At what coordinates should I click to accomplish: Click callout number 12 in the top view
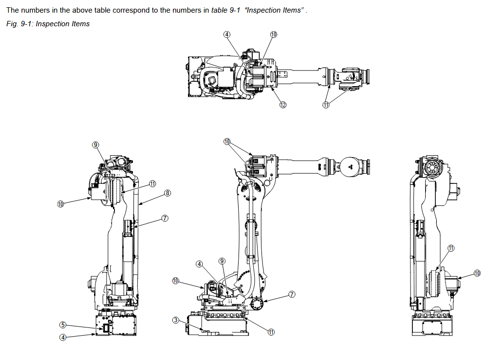(x=282, y=105)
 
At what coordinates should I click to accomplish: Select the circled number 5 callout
(x=63, y=325)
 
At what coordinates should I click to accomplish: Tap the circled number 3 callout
(x=176, y=320)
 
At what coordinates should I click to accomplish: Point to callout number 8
(x=168, y=193)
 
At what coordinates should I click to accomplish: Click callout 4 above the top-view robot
(x=227, y=34)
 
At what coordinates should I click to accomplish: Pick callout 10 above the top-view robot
(x=273, y=34)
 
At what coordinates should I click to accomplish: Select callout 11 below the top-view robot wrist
(x=326, y=105)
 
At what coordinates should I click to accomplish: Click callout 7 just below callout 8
(x=165, y=218)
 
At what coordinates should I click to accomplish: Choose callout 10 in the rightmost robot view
(x=477, y=273)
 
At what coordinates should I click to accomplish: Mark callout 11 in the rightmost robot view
(x=451, y=248)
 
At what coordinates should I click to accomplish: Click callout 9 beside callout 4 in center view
(x=222, y=261)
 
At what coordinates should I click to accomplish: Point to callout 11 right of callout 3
(x=271, y=332)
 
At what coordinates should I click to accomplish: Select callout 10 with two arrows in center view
(x=227, y=142)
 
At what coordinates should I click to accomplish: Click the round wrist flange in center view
(x=349, y=166)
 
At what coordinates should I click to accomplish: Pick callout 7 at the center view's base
(x=292, y=294)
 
